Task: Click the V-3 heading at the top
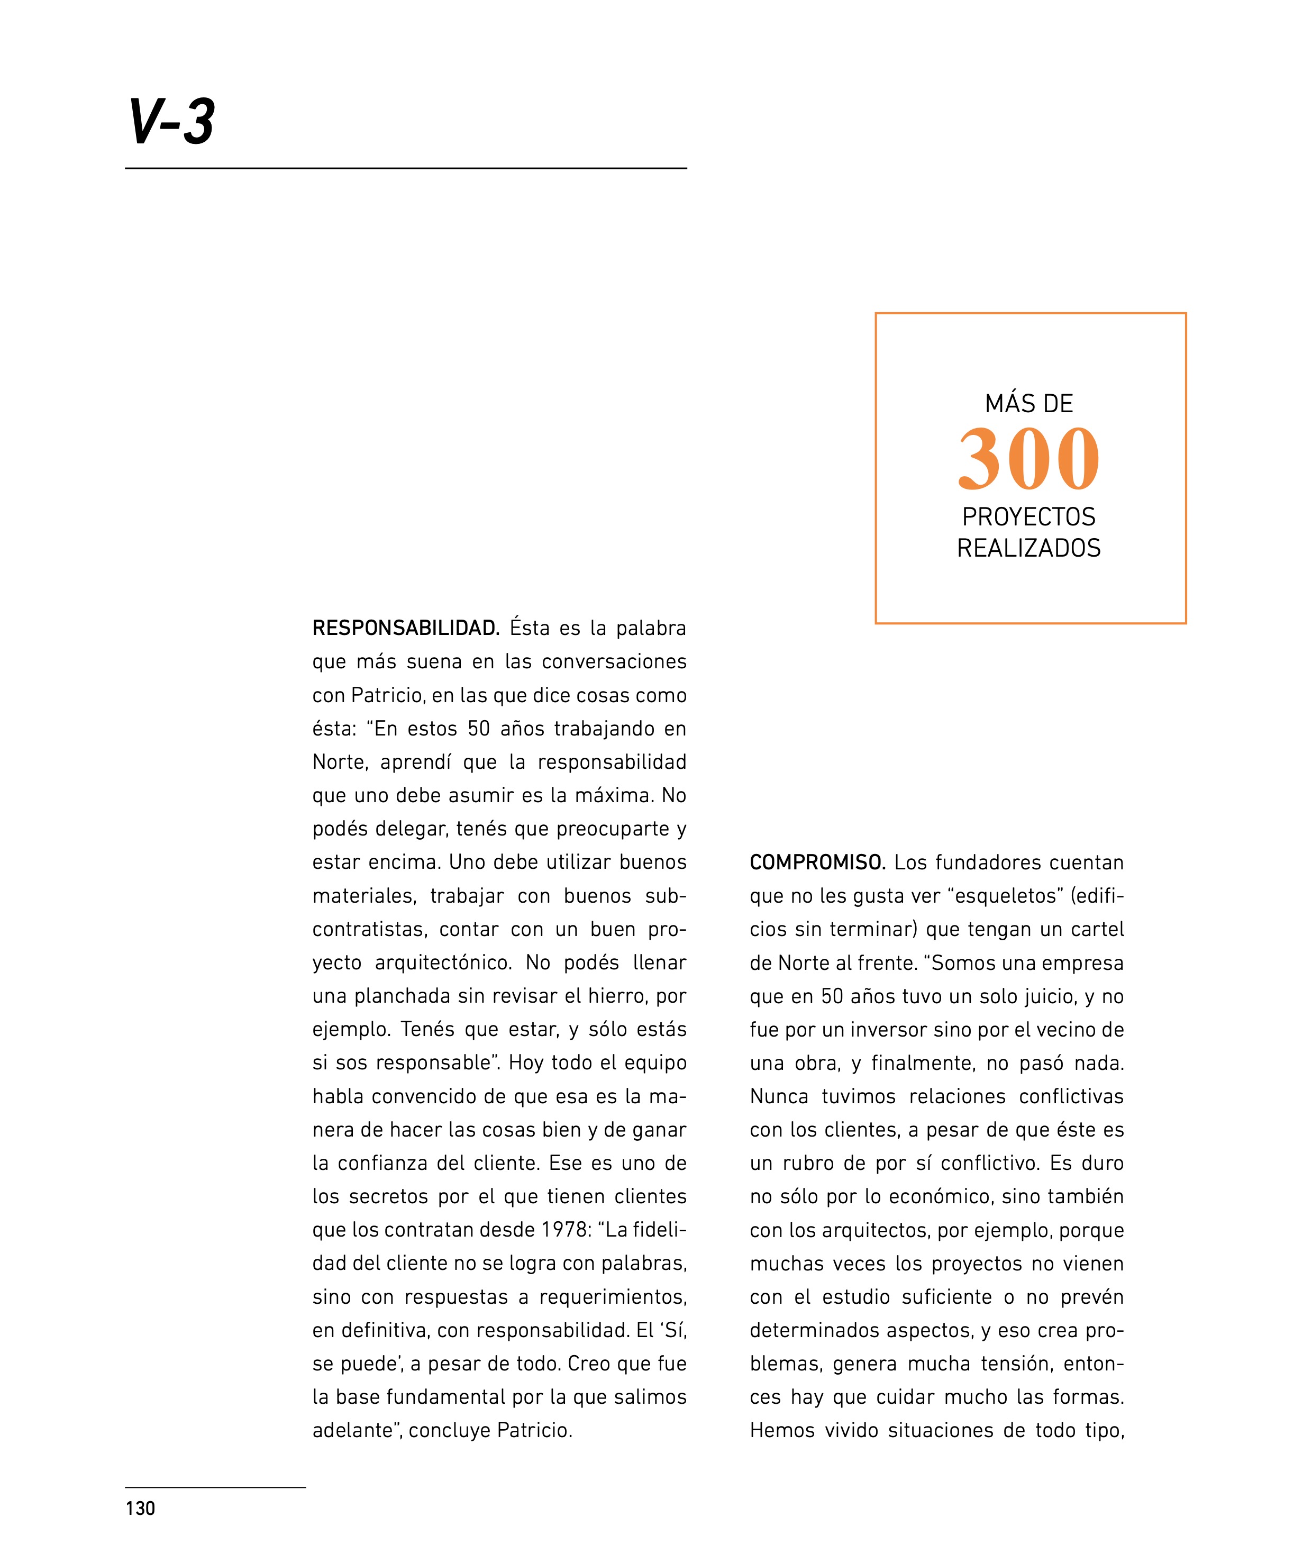171,121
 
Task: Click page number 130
140,1507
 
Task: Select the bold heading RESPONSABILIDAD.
405,629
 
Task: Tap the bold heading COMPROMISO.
817,863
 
